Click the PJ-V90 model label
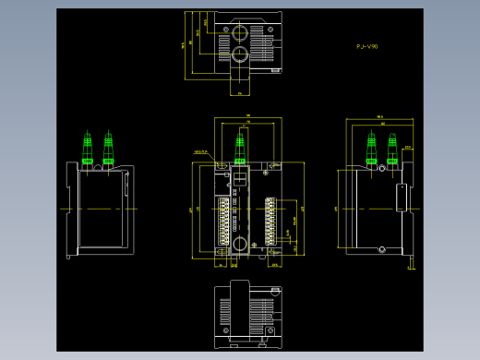pyautogui.click(x=366, y=45)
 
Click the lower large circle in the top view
pyautogui.click(x=240, y=53)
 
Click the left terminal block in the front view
pyautogui.click(x=223, y=220)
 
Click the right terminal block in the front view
pyautogui.click(x=270, y=220)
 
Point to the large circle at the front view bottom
pyautogui.click(x=240, y=245)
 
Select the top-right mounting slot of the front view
pyautogui.click(x=272, y=165)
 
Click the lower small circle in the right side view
pyautogui.click(x=379, y=247)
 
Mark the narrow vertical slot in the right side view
pyautogui.click(x=401, y=196)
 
